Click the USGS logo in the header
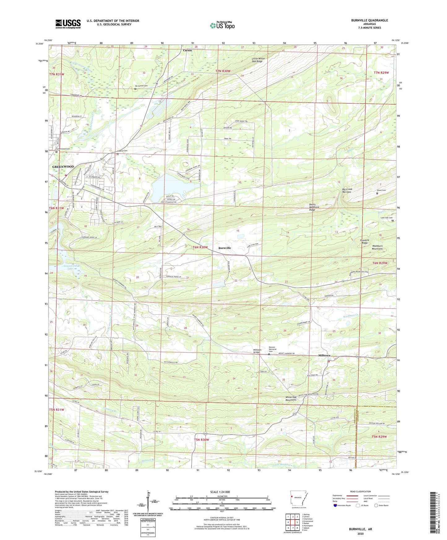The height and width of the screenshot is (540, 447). pyautogui.click(x=68, y=24)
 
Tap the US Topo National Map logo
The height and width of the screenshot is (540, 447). pyautogui.click(x=222, y=25)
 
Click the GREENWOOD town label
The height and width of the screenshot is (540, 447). pyautogui.click(x=63, y=167)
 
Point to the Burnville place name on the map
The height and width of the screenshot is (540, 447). pyautogui.click(x=225, y=248)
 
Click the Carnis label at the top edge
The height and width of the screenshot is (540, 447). pyautogui.click(x=187, y=50)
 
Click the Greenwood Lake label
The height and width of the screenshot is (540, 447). pyautogui.click(x=70, y=267)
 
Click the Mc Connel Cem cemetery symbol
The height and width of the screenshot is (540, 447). pyautogui.click(x=135, y=89)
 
